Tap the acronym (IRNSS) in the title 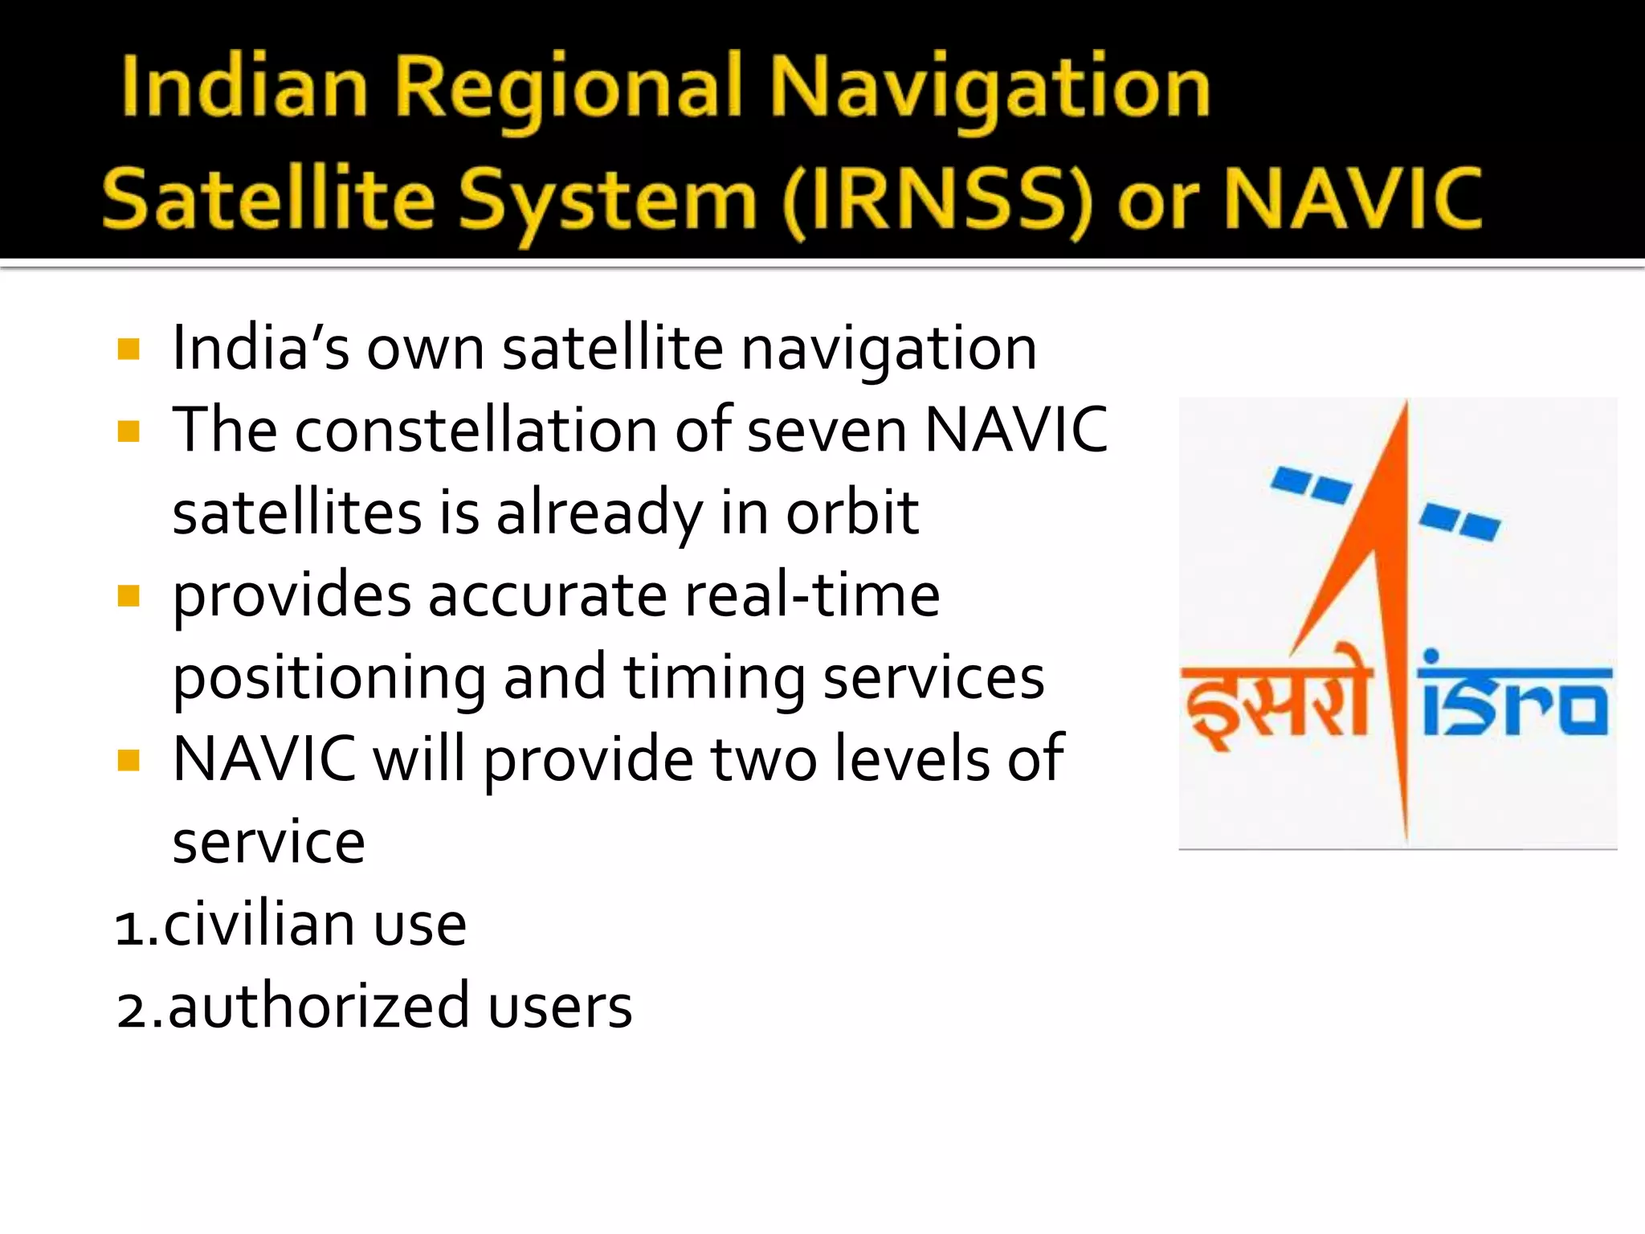tap(939, 201)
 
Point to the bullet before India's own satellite tap(129, 349)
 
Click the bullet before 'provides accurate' tap(129, 596)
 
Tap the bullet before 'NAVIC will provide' tap(129, 760)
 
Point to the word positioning tap(329, 680)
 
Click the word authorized tap(318, 1007)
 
